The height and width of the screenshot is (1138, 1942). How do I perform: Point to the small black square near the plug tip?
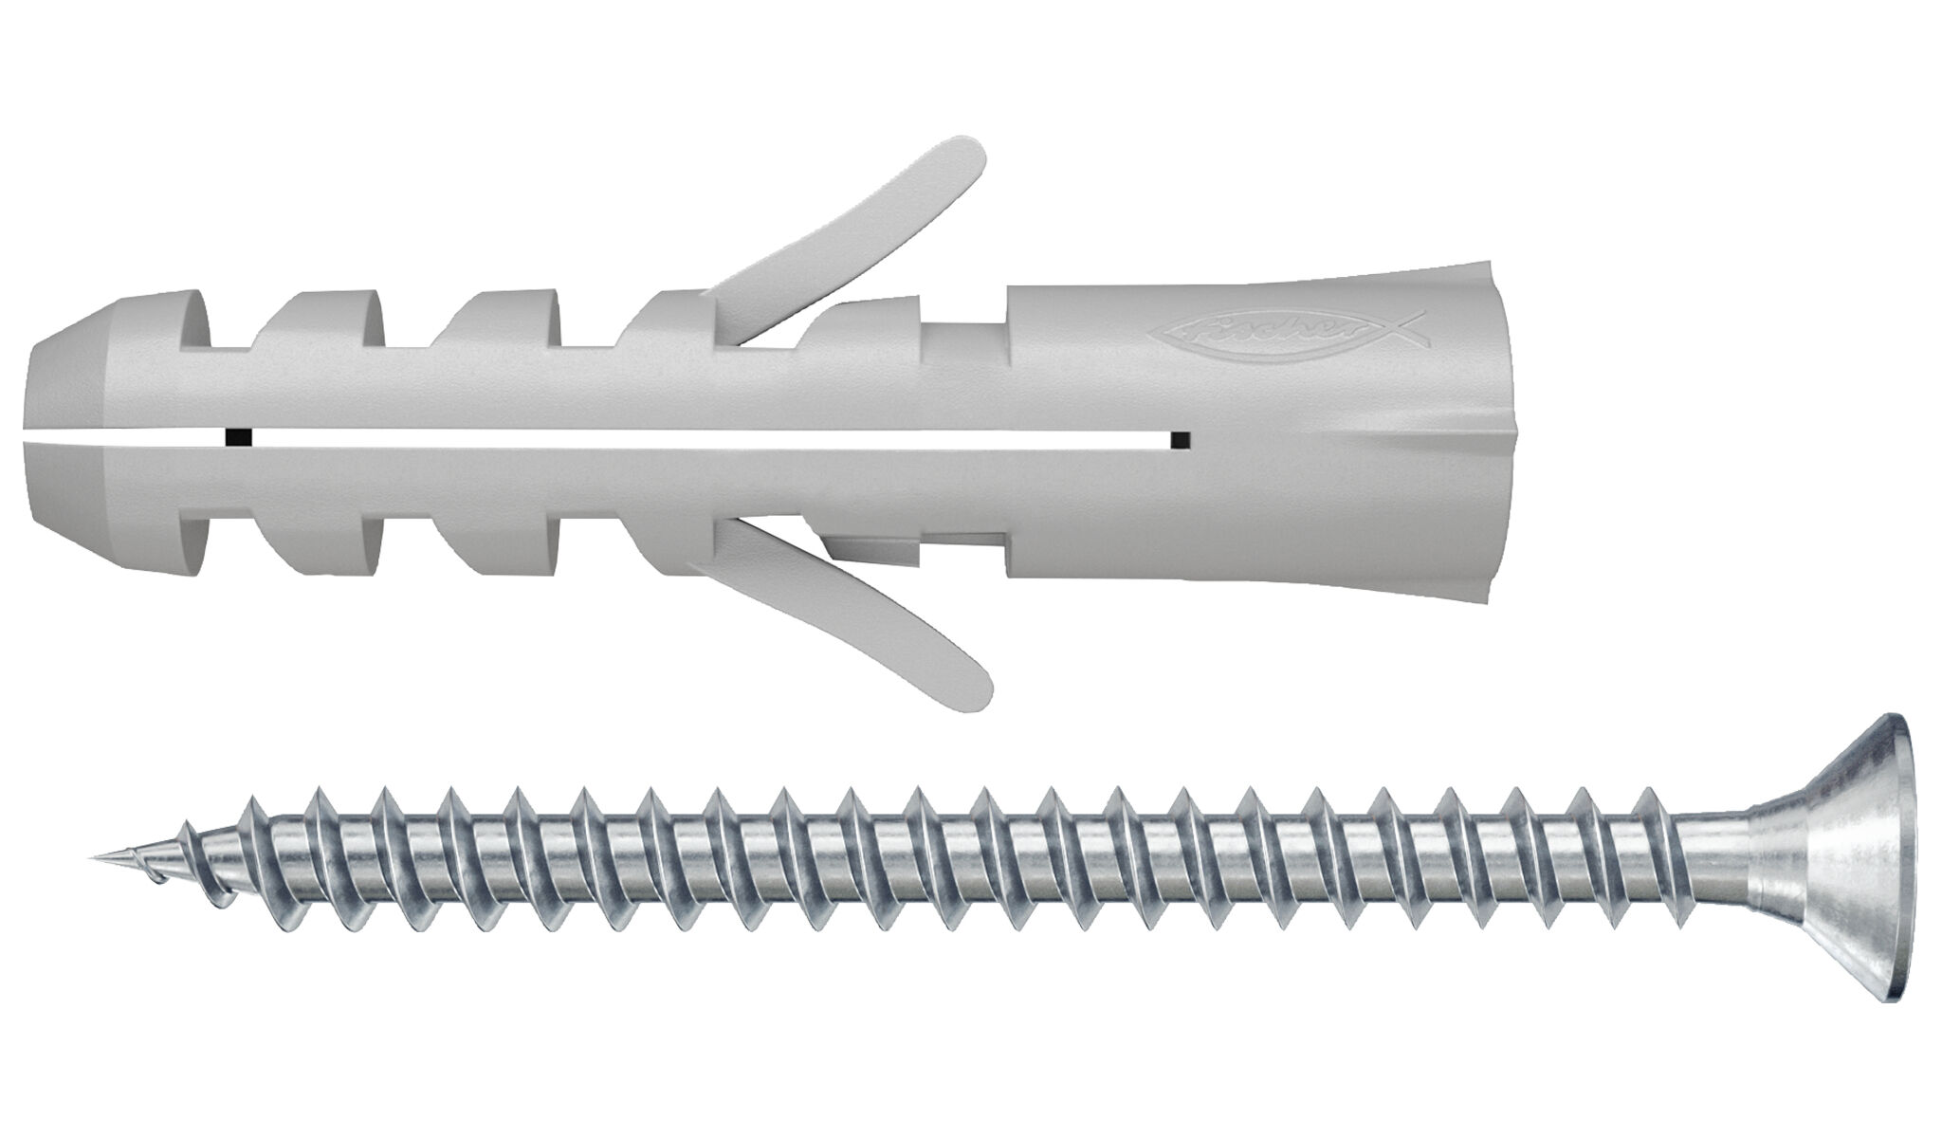[233, 438]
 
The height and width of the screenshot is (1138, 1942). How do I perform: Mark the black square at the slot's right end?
[1180, 438]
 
